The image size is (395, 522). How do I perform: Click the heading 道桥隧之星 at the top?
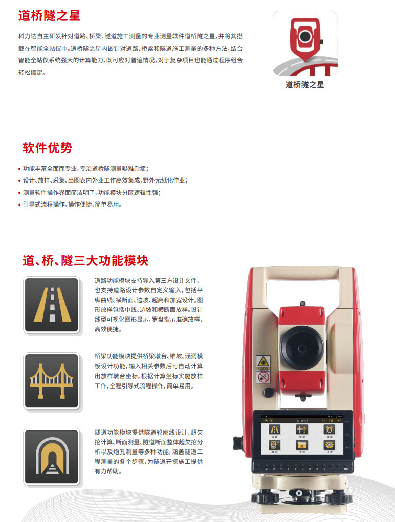(49, 15)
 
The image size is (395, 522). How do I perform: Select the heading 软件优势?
(47, 148)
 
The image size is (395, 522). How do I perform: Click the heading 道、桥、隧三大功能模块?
(85, 260)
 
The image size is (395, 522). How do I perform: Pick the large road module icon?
(52, 305)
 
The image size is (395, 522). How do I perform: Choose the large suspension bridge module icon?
(52, 381)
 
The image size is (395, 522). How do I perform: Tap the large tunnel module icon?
(52, 457)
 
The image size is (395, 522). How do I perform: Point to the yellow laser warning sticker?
(263, 361)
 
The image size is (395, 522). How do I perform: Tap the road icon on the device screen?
(275, 429)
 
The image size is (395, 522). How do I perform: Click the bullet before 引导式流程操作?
(19, 205)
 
